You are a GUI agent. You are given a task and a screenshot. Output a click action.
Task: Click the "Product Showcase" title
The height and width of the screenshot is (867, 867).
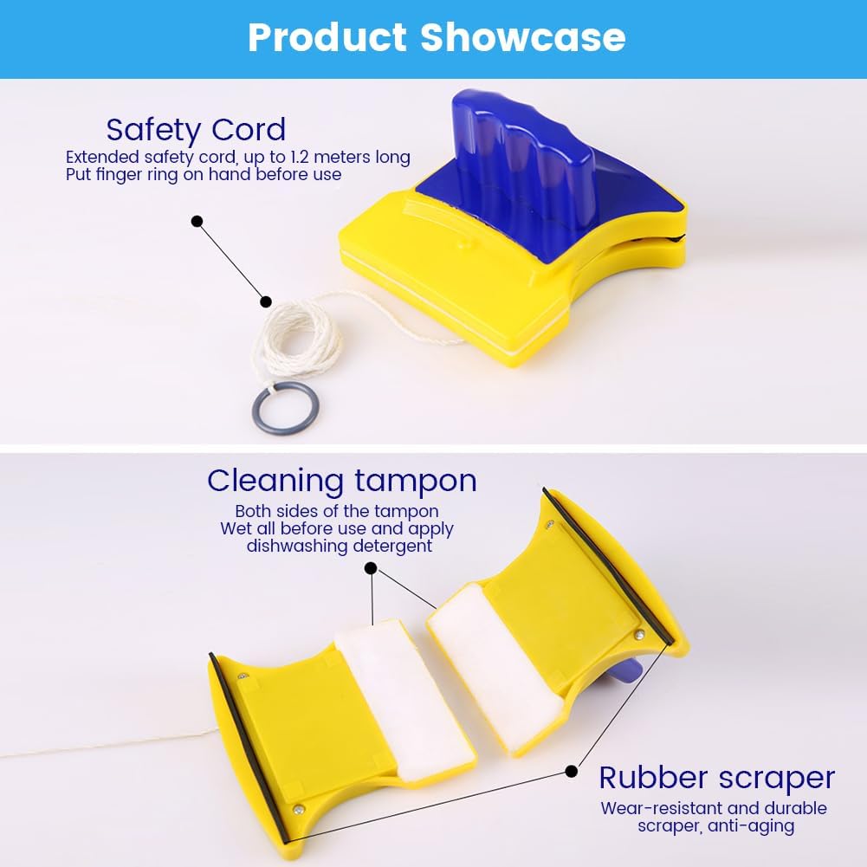tap(436, 38)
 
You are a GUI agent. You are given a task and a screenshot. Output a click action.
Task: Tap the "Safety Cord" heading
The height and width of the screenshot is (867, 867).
tap(196, 130)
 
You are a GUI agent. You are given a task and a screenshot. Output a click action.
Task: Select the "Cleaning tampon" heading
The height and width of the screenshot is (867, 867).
tap(341, 480)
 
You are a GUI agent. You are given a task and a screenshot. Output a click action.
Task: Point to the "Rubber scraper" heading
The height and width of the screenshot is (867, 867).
tap(717, 778)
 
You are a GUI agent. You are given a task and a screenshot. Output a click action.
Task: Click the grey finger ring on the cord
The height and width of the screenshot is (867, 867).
tap(287, 408)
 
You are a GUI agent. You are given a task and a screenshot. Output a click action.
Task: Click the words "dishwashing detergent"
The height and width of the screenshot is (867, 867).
tap(340, 546)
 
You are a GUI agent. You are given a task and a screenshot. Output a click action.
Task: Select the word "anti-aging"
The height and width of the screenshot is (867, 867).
tap(754, 825)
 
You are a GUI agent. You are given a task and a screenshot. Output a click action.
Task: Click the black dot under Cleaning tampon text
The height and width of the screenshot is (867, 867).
tap(371, 569)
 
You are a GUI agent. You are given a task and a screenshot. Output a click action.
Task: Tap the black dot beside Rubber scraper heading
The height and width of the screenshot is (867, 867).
tap(571, 770)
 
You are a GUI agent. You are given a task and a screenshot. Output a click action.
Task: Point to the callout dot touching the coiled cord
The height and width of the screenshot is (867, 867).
tap(266, 302)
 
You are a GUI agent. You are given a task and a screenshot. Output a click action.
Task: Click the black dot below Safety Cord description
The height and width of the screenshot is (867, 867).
tap(197, 222)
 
